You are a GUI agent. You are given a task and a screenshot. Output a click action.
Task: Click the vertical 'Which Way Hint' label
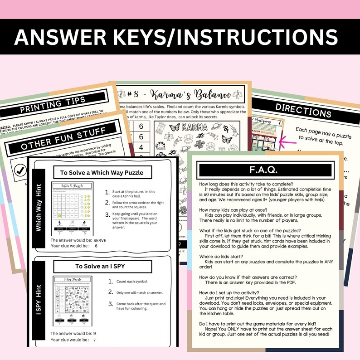pyautogui.click(x=39, y=207)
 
